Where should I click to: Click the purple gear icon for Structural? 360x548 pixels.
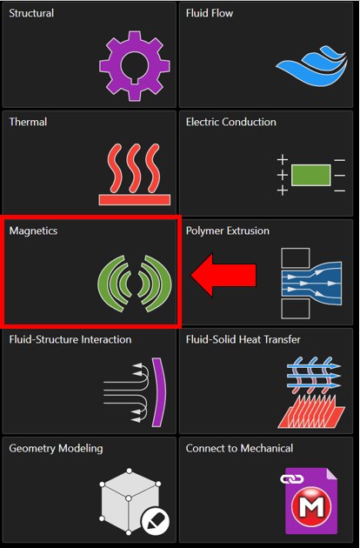click(135, 66)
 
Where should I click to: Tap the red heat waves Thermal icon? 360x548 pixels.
click(135, 174)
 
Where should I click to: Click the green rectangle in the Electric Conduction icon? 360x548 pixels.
click(310, 175)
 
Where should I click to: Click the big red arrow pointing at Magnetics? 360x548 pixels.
click(223, 276)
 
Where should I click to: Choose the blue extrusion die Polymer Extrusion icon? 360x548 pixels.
click(311, 284)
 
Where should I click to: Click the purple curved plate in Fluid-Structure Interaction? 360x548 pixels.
click(159, 391)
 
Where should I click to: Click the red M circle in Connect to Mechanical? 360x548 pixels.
click(311, 505)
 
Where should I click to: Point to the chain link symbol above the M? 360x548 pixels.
click(292, 479)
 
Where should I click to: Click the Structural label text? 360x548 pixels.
click(31, 13)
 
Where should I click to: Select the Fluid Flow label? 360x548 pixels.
click(210, 13)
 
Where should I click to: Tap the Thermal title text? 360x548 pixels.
click(28, 122)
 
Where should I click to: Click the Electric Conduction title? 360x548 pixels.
click(231, 122)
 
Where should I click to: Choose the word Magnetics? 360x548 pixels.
click(33, 231)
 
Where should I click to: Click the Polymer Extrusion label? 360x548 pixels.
click(228, 231)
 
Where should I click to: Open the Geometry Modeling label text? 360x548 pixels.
click(56, 449)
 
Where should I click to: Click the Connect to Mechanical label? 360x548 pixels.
click(239, 448)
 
